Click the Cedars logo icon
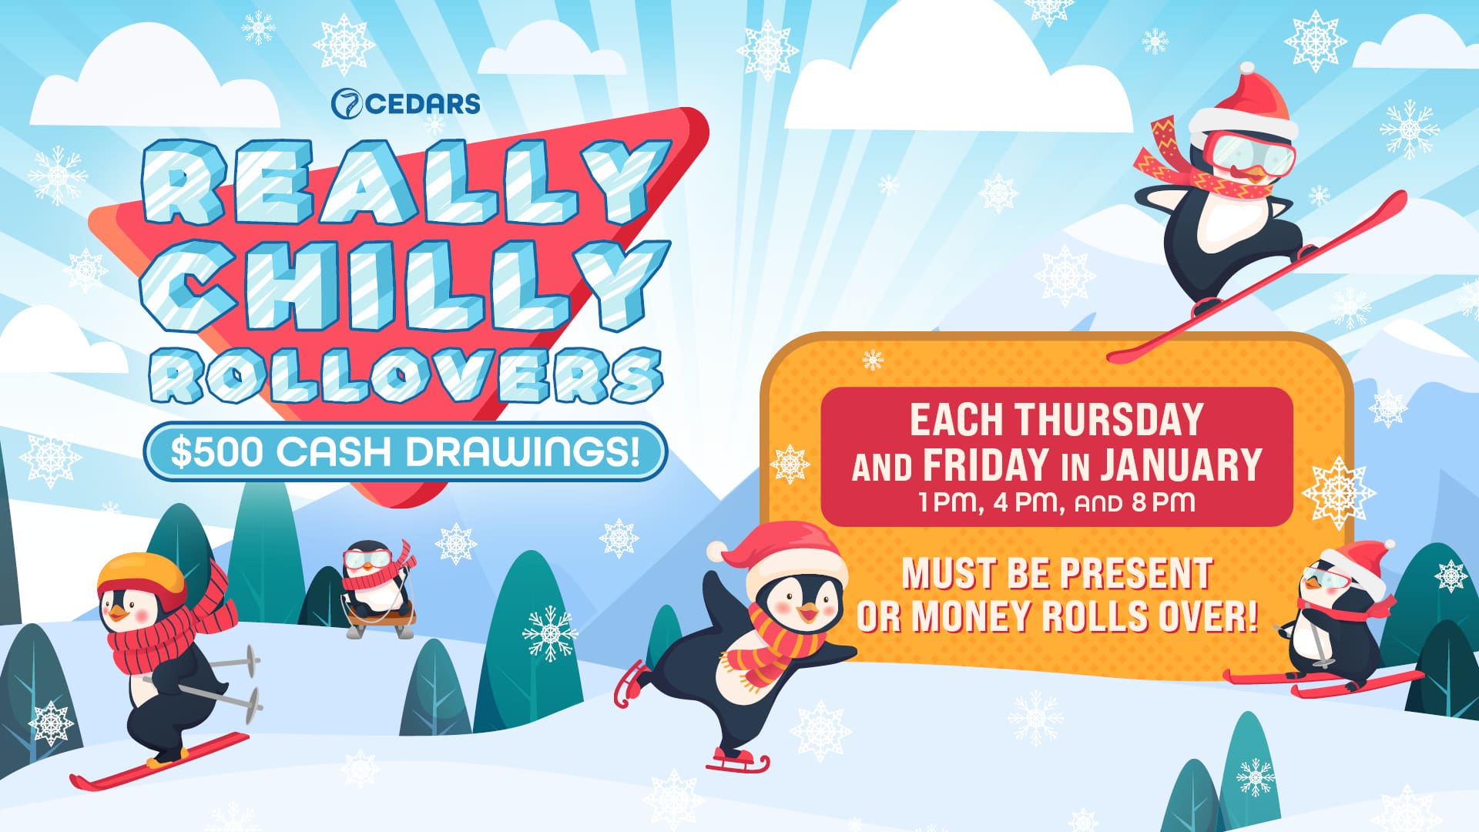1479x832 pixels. tap(346, 104)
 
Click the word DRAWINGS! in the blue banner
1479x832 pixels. tap(524, 452)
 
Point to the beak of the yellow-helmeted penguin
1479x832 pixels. tap(117, 613)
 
